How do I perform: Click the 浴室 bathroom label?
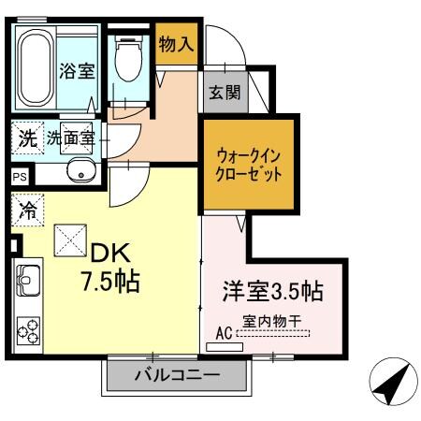coord(78,71)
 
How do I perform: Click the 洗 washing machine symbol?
coord(27,139)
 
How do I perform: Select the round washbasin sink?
coord(81,171)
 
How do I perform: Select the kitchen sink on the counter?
coord(26,280)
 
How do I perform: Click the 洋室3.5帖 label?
coord(271,292)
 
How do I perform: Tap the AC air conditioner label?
coord(224,332)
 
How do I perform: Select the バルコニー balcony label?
coord(177,378)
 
